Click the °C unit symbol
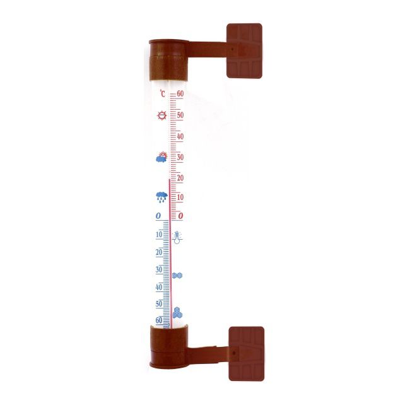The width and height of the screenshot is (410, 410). pyautogui.click(x=162, y=95)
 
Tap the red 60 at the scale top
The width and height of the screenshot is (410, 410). pyautogui.click(x=180, y=95)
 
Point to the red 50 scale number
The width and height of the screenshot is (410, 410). pyautogui.click(x=180, y=115)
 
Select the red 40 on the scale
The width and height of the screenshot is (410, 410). pyautogui.click(x=180, y=136)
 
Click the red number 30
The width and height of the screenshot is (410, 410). pyautogui.click(x=180, y=157)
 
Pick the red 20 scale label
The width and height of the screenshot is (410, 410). pyautogui.click(x=180, y=178)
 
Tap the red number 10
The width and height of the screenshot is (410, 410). pyautogui.click(x=180, y=197)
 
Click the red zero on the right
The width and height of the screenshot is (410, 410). pyautogui.click(x=180, y=216)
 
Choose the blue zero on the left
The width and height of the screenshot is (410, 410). pyautogui.click(x=158, y=216)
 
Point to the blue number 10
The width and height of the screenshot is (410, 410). pyautogui.click(x=158, y=235)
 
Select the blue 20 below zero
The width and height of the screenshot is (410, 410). pyautogui.click(x=158, y=252)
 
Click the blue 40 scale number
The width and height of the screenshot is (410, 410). pyautogui.click(x=158, y=287)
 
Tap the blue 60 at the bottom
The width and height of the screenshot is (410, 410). pyautogui.click(x=158, y=320)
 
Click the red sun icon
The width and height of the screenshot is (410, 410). pyautogui.click(x=162, y=115)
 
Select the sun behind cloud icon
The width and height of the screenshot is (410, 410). pyautogui.click(x=162, y=158)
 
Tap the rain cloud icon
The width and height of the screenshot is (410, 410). pyautogui.click(x=162, y=197)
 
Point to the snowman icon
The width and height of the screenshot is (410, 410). pyautogui.click(x=177, y=238)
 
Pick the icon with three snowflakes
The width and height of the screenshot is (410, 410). pyautogui.click(x=178, y=312)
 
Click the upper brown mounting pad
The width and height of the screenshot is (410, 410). pyautogui.click(x=244, y=50)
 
